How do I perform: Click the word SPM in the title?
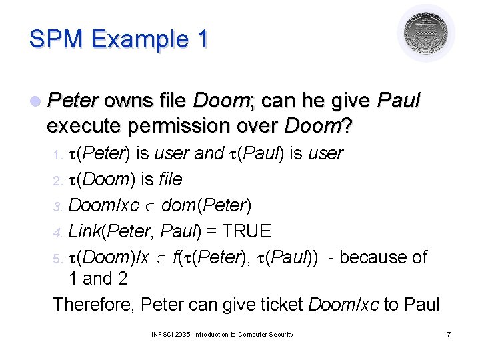tap(56, 39)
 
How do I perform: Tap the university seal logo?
tap(426, 33)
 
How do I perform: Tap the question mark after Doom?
tap(347, 125)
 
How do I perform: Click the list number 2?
tap(57, 181)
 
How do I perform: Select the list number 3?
tap(57, 207)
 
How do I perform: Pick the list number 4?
tap(57, 233)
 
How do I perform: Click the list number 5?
tap(57, 259)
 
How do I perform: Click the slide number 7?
tap(449, 334)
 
